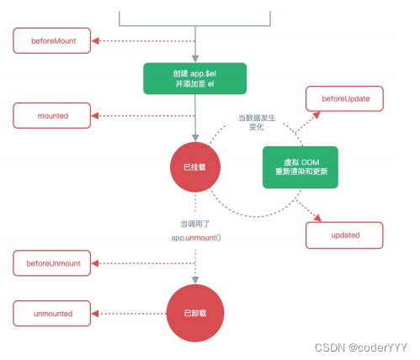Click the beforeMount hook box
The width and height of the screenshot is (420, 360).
click(51, 40)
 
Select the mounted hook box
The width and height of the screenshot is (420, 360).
click(51, 115)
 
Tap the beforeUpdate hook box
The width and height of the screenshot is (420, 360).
click(344, 99)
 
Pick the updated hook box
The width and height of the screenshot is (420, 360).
click(344, 235)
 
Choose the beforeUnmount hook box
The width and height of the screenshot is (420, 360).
click(51, 263)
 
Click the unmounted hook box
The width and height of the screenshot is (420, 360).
click(51, 314)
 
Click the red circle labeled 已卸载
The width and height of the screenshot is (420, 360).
click(195, 313)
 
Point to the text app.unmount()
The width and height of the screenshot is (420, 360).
click(195, 239)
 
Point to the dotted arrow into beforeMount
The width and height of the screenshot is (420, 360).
click(143, 40)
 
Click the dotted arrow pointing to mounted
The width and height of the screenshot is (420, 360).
click(143, 115)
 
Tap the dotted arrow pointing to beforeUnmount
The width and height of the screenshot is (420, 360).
click(143, 263)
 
